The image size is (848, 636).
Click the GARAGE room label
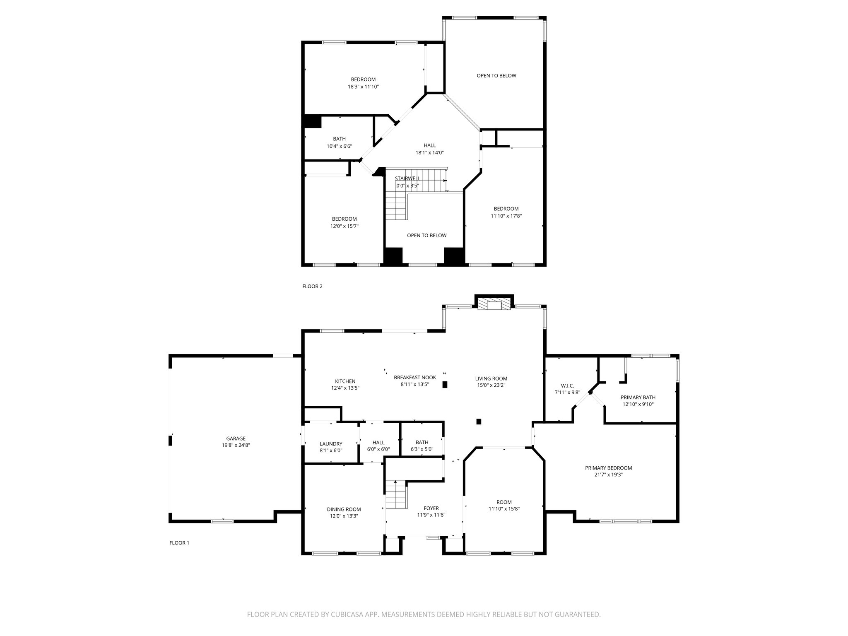236,438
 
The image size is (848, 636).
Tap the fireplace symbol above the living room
494,305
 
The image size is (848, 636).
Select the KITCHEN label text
345,381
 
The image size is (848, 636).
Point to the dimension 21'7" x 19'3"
608,475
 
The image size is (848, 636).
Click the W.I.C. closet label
567,385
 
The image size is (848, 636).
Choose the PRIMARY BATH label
638,397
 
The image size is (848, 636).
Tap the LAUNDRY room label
331,443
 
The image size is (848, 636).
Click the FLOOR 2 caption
312,286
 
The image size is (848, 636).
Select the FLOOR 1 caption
179,543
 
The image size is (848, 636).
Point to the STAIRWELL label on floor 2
407,178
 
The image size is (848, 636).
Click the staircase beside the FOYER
396,495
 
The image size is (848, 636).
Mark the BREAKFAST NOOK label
414,377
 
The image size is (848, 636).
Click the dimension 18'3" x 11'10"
363,87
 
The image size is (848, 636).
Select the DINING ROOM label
344,509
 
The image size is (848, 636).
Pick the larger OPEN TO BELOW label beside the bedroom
496,75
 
